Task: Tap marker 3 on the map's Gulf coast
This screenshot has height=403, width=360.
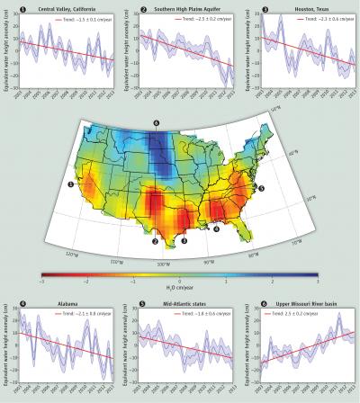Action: (x=184, y=240)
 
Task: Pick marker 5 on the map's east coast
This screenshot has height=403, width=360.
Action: (x=262, y=190)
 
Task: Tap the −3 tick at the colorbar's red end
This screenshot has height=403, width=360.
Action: (x=41, y=282)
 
